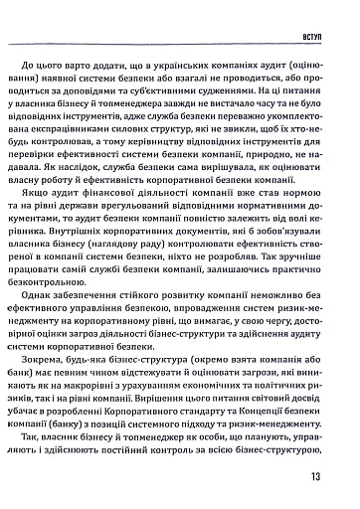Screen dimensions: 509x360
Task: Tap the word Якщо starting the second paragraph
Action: (59, 218)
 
